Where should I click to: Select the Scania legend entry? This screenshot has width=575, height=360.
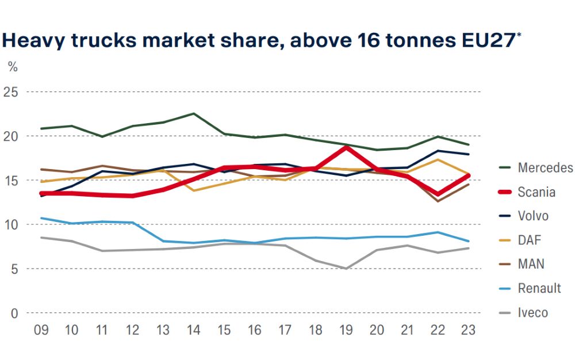[527, 192]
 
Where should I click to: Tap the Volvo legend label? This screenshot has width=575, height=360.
[533, 216]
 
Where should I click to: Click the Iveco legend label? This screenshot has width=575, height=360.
[532, 313]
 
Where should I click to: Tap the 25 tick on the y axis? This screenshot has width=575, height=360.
[10, 91]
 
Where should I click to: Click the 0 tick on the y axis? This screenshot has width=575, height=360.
[14, 313]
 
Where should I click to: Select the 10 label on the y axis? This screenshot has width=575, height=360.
[11, 224]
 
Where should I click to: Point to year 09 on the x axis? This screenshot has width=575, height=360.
[41, 330]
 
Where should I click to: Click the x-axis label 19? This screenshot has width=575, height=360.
[346, 330]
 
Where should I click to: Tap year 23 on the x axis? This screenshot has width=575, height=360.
[468, 330]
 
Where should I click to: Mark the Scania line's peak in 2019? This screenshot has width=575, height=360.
[346, 147]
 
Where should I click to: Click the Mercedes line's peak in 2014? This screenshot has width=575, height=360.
[194, 114]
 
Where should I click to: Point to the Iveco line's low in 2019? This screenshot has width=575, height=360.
[346, 269]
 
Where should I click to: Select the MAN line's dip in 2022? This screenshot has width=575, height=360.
[438, 201]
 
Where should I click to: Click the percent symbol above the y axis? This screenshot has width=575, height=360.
[13, 67]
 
